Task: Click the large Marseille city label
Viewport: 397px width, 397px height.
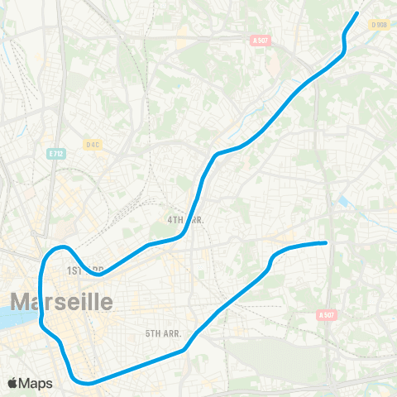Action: [61, 301]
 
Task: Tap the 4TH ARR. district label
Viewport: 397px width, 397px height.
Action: [186, 220]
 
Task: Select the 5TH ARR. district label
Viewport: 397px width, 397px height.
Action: [163, 332]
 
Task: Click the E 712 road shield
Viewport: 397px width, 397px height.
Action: [55, 153]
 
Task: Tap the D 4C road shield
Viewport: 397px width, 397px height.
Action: [93, 144]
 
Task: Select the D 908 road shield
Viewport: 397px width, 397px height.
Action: [380, 25]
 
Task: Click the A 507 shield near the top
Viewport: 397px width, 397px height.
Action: [260, 39]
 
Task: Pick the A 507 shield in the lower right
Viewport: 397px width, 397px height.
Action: [328, 314]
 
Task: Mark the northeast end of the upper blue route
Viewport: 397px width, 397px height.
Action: [356, 13]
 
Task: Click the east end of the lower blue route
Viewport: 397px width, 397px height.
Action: [326, 242]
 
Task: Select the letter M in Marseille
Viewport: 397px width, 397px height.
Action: [20, 301]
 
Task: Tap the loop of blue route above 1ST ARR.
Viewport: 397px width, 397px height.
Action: [58, 249]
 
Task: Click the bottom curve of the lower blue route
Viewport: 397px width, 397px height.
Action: [83, 382]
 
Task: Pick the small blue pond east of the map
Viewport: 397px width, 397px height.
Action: [343, 201]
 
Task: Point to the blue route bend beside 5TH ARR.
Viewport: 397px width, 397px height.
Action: [185, 348]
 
